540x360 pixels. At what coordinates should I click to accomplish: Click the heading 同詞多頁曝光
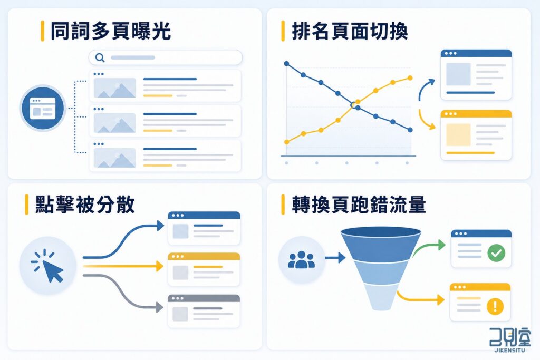111,31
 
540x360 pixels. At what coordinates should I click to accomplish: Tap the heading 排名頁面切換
350,31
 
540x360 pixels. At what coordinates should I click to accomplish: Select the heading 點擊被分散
85,205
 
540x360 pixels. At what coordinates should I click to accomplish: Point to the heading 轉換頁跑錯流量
359,205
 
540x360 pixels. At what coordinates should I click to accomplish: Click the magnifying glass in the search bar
100,57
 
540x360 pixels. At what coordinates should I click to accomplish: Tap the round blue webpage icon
43,108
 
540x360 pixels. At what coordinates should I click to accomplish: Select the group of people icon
301,260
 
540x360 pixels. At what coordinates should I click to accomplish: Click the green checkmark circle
496,253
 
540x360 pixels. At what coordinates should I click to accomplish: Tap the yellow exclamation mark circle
495,306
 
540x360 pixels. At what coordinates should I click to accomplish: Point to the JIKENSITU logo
510,340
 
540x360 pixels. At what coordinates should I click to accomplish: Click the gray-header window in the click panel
204,311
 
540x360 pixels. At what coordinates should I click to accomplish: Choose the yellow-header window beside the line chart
476,135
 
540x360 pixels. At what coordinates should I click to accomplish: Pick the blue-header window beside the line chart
476,75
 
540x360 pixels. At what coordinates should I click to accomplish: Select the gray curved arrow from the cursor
122,291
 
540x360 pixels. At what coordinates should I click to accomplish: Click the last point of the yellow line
410,78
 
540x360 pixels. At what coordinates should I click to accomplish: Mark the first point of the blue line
286,64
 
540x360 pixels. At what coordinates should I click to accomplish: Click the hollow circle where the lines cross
353,105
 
